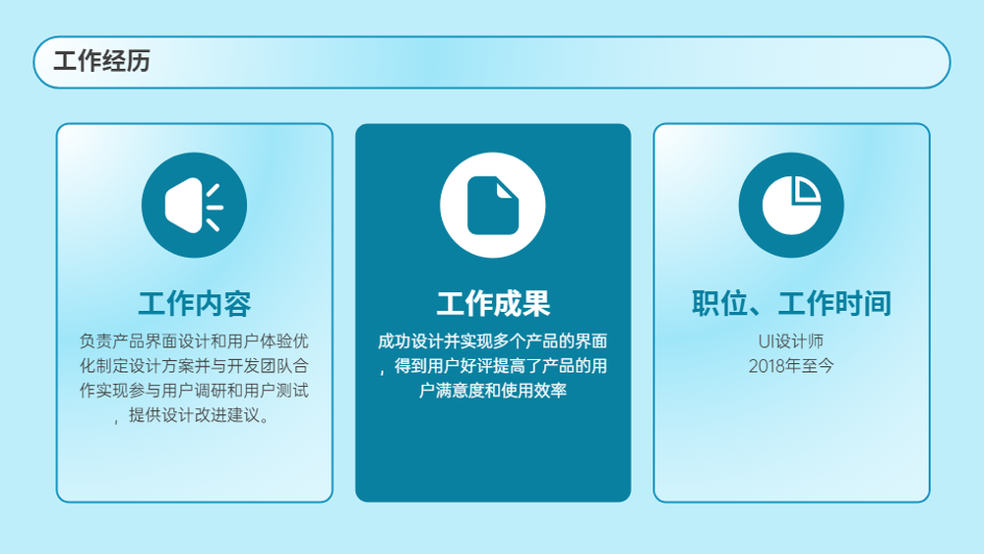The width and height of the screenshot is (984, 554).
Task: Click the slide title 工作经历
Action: point(101,61)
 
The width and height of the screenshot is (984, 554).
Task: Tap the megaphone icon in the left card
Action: point(194,205)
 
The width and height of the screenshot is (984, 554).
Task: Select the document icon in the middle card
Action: point(493,205)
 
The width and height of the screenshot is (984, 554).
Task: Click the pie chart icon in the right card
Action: point(791,205)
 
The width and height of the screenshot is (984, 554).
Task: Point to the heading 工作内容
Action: point(195,304)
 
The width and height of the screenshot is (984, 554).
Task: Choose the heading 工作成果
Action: point(493,304)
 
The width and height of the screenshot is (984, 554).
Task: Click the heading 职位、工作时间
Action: point(791,304)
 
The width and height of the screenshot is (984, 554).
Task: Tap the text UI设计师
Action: point(791,341)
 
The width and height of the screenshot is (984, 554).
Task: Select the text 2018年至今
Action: point(791,366)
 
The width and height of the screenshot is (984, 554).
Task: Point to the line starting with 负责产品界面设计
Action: point(194,341)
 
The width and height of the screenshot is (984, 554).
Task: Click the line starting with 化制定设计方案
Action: point(194,366)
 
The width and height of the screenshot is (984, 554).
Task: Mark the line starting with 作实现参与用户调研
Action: point(194,391)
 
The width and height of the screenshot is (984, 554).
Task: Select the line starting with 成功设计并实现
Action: point(493,341)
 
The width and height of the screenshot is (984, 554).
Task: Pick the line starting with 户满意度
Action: point(493,391)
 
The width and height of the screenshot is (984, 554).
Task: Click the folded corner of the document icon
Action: point(506,190)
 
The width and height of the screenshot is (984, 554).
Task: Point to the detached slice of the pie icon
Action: point(805,189)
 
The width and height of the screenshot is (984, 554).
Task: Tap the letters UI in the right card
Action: point(766,341)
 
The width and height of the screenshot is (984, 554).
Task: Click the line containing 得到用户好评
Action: point(493,366)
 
